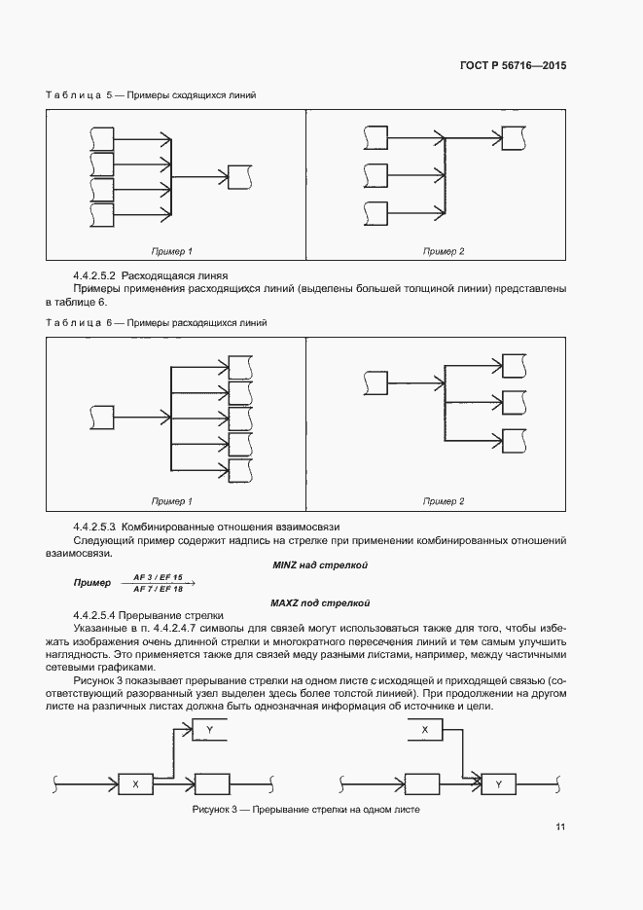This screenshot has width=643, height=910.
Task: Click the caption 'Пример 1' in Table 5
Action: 171,252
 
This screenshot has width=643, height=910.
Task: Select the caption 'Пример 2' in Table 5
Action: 444,252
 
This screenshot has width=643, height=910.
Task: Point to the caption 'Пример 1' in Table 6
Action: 171,501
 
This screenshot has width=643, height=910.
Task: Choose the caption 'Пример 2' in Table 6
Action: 444,501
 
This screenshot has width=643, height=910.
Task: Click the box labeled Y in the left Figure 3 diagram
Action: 211,729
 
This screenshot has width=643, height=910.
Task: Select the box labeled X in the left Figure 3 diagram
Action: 135,783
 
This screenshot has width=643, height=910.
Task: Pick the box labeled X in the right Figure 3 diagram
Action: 424,729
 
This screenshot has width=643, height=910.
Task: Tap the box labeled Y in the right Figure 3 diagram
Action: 499,783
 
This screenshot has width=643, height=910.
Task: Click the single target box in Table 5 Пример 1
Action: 239,177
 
